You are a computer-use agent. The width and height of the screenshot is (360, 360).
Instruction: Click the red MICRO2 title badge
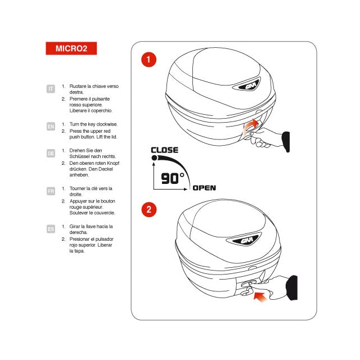[71, 48]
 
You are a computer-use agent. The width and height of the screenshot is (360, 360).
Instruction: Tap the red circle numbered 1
[148, 59]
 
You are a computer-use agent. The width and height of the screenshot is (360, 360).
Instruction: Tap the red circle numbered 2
[148, 210]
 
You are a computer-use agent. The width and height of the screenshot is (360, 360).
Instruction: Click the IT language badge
[51, 89]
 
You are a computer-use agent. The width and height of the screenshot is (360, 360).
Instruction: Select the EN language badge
[51, 127]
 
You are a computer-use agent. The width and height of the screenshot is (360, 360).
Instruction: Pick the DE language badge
[51, 153]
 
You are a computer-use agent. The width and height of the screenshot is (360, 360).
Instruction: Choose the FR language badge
[51, 191]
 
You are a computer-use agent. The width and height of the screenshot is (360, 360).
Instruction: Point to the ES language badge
[51, 229]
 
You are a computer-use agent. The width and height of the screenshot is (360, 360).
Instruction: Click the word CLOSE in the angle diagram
[164, 150]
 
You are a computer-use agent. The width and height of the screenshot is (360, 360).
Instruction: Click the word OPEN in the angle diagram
[204, 188]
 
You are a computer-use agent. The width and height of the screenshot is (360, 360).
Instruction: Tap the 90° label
[173, 178]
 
